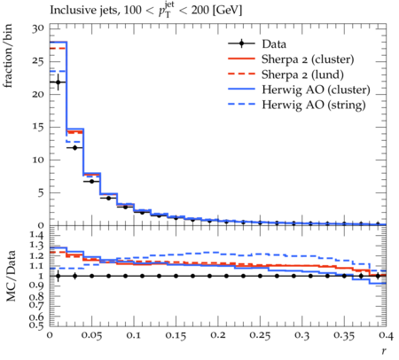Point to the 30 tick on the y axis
(x=38, y=29)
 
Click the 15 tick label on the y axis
(x=38, y=127)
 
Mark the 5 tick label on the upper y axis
(x=41, y=192)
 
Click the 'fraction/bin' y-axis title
(x=7, y=56)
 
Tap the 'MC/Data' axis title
(x=11, y=276)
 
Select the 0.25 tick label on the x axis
(x=260, y=335)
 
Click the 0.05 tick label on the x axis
(x=91, y=335)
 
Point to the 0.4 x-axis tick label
(x=387, y=335)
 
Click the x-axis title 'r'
(x=384, y=351)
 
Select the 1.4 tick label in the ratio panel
(x=37, y=236)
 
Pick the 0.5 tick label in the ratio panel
(x=37, y=325)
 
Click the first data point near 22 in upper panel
(x=58, y=82)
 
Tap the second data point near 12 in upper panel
(x=74, y=147)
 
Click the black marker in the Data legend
(x=241, y=43)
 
